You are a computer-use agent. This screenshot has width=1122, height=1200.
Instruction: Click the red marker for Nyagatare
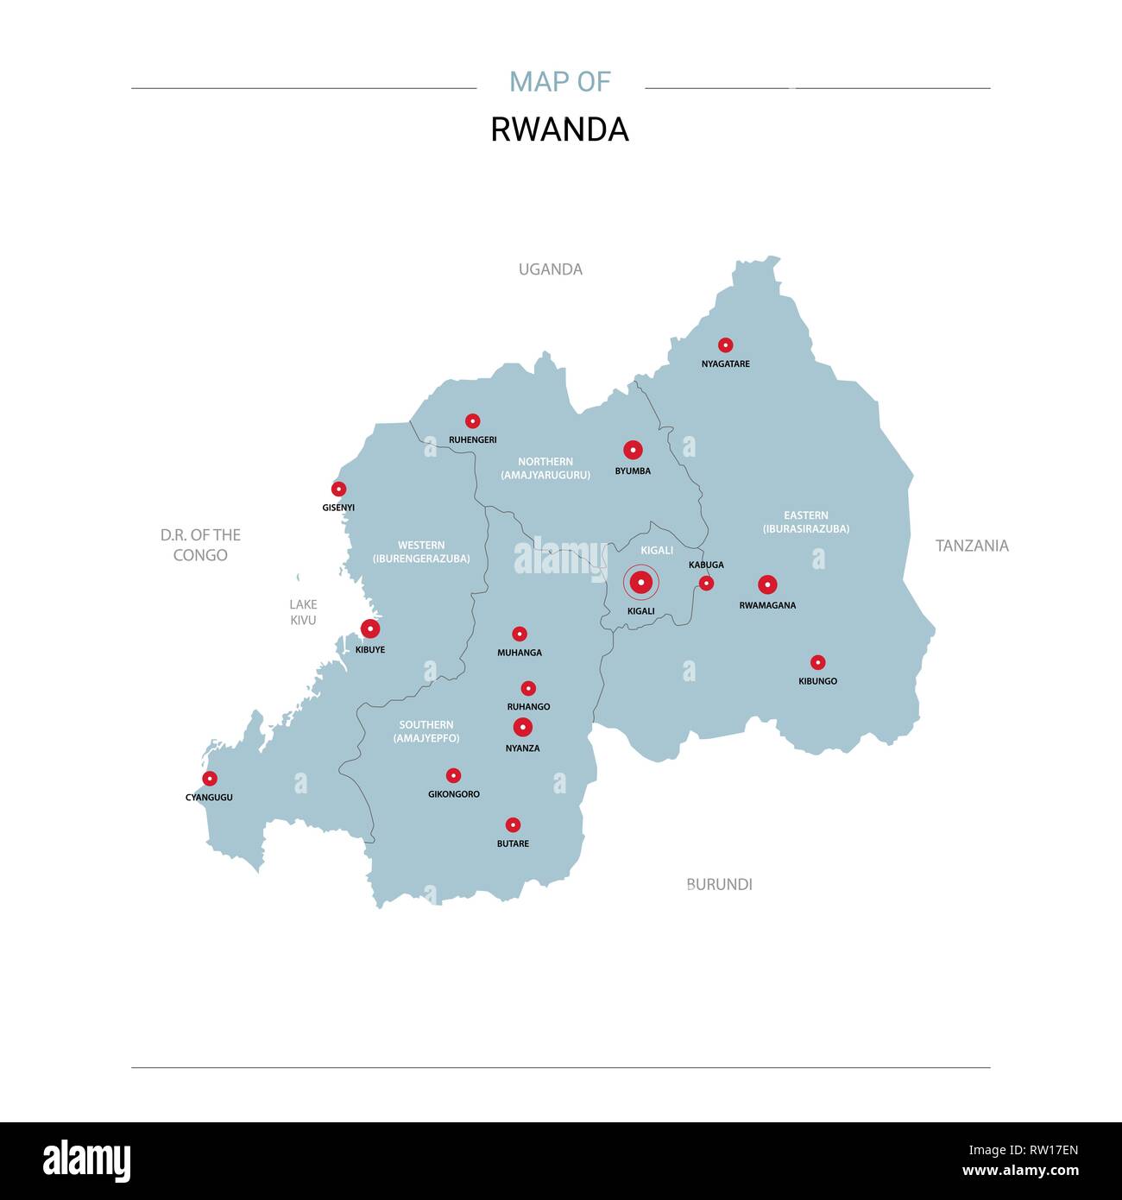(x=726, y=345)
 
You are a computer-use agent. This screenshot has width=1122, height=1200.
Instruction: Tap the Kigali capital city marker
(x=640, y=584)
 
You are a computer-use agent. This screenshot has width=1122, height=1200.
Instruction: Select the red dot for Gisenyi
(x=338, y=489)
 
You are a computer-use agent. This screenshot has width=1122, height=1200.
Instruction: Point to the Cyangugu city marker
(x=210, y=779)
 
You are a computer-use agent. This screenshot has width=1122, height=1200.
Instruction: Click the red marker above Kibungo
(x=817, y=663)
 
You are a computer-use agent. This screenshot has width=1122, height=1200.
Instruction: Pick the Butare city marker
(x=513, y=825)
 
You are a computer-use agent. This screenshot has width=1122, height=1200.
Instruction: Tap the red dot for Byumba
(x=633, y=450)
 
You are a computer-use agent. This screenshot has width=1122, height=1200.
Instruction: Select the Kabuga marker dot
(x=706, y=584)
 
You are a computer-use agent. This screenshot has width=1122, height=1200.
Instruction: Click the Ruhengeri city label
(x=472, y=440)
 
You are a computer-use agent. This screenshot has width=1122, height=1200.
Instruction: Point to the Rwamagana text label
(x=767, y=606)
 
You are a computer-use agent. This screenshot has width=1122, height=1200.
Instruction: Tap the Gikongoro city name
(x=453, y=794)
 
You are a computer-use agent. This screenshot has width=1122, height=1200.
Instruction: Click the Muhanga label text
(x=520, y=654)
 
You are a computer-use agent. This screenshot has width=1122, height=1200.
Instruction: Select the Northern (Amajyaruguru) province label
(x=545, y=469)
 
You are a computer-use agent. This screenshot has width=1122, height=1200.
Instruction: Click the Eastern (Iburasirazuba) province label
(x=805, y=522)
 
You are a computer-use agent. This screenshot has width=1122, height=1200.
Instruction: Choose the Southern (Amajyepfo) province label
(x=426, y=732)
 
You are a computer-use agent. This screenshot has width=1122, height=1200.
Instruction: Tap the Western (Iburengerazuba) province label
(x=421, y=553)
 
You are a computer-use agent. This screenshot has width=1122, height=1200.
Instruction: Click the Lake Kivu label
(x=303, y=612)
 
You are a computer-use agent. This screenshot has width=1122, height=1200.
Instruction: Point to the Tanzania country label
(x=972, y=546)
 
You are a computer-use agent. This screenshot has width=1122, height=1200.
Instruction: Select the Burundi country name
(x=719, y=884)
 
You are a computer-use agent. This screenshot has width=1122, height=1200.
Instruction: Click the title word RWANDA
(x=559, y=129)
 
